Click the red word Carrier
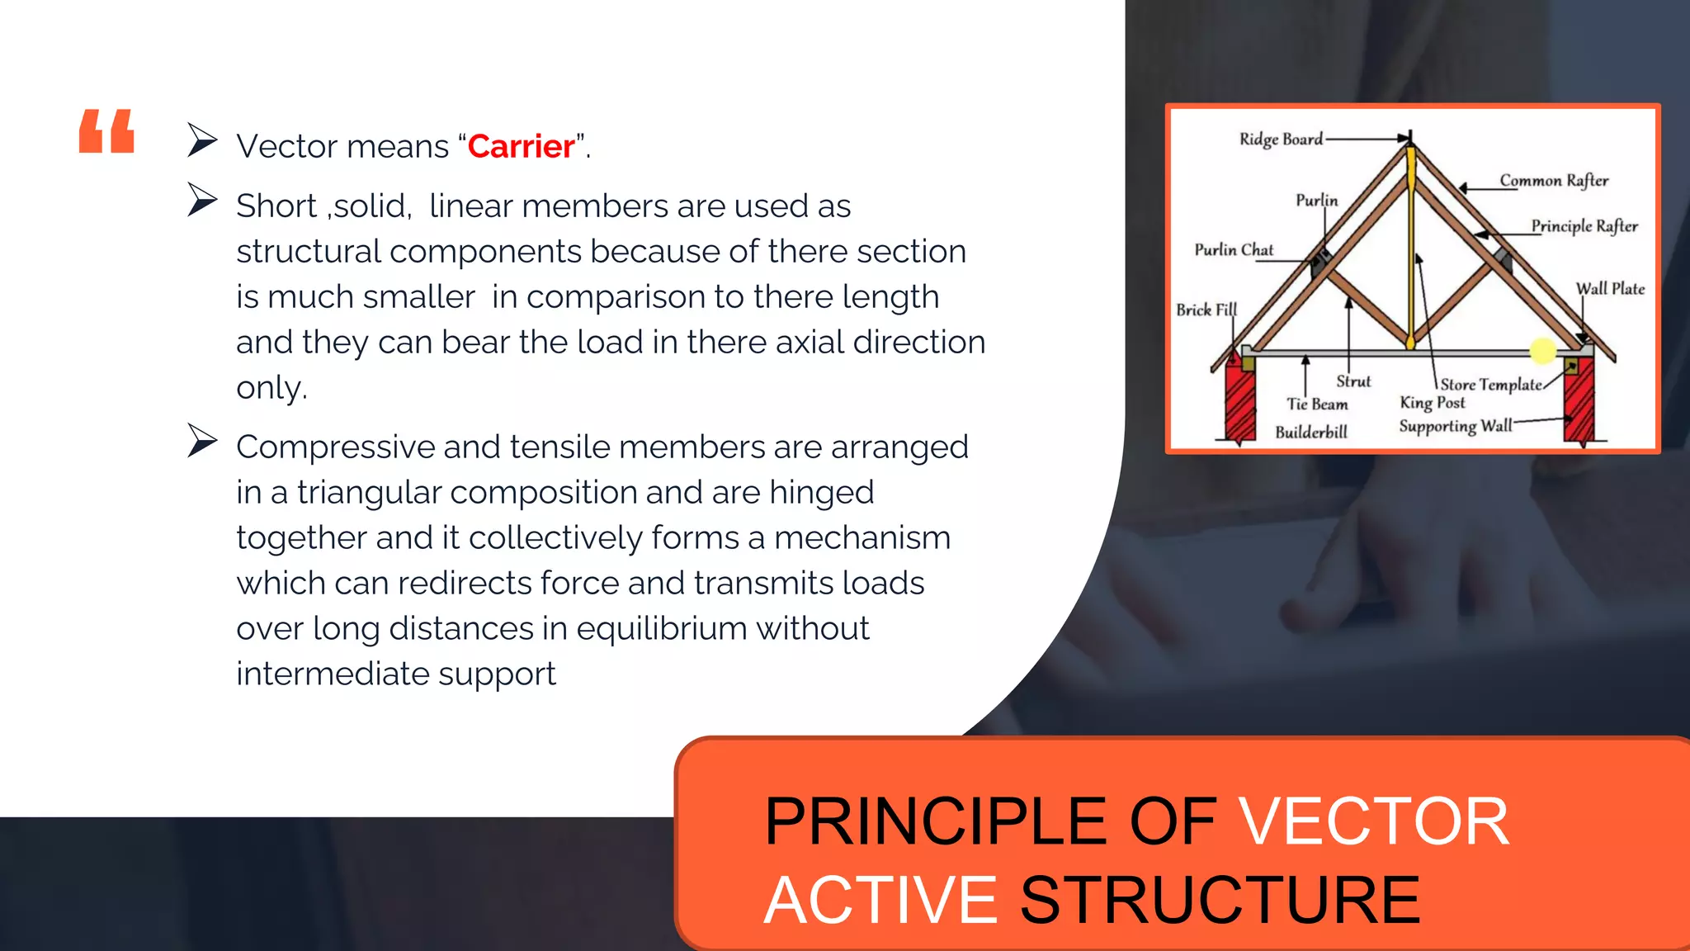coord(521,147)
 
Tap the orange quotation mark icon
coord(106,131)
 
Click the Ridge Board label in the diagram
coord(1281,140)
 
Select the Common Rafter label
coord(1554,181)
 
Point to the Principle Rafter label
coord(1584,226)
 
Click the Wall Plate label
coord(1610,289)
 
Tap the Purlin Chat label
coord(1234,250)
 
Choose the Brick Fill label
coord(1206,310)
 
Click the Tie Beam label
coord(1317,405)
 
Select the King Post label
coord(1433,403)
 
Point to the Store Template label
coord(1490,385)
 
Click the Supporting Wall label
coord(1456,426)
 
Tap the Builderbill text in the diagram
coord(1310,433)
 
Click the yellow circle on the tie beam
coord(1542,351)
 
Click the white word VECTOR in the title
coord(1375,822)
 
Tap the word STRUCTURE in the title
coord(1220,901)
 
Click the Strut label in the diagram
coord(1353,381)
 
